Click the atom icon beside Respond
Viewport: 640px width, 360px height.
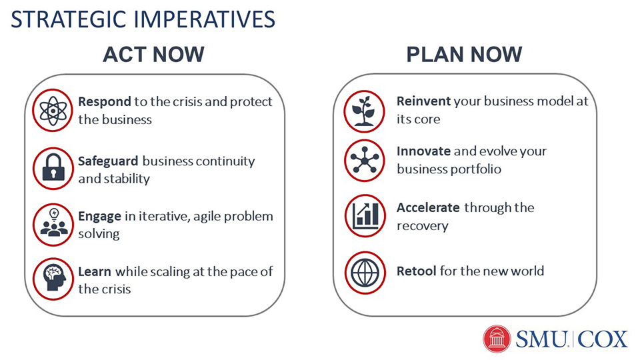coord(53,110)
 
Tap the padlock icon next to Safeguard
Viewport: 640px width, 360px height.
coord(53,168)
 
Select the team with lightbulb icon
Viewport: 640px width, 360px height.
coord(53,225)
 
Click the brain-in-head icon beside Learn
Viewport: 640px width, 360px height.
coord(53,279)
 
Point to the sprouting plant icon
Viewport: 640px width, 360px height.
coord(364,111)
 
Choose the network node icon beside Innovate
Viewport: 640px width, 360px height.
coord(364,160)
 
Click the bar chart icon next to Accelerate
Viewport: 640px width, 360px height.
coord(365,215)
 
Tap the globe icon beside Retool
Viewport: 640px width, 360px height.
coord(365,272)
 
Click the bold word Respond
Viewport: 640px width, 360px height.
coord(105,102)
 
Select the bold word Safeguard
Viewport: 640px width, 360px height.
coord(108,161)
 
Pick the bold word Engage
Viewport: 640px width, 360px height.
coord(99,216)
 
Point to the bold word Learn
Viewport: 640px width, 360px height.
coord(94,271)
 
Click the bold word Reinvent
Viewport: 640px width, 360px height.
coord(424,101)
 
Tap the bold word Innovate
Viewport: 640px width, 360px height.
coord(424,151)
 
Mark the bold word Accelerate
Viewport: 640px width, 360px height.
coord(428,207)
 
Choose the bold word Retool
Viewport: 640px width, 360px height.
coord(416,271)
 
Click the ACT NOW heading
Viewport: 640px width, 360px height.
coord(153,54)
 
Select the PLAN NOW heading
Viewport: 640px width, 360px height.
coord(464,54)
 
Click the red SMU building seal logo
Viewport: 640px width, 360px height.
coord(496,339)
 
